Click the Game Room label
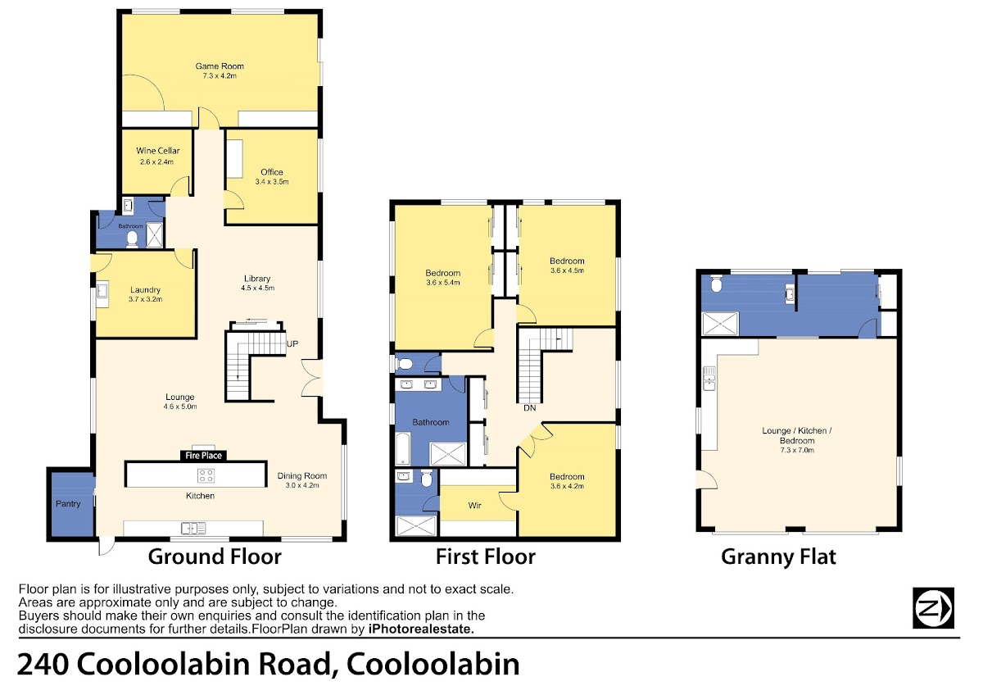[x=220, y=66]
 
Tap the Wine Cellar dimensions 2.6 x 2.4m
[x=156, y=161]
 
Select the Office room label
[x=272, y=171]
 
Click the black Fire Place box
[x=203, y=456]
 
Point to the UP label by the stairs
[x=292, y=343]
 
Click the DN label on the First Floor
[x=530, y=408]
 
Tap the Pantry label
[x=68, y=503]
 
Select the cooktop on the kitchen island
[x=206, y=475]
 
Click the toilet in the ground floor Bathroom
[x=132, y=238]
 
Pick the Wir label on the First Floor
[x=475, y=506]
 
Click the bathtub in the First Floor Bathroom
[x=403, y=448]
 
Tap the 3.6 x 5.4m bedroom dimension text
[x=443, y=283]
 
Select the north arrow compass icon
[x=933, y=608]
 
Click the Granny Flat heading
[x=778, y=556]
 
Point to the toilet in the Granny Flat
[x=716, y=284]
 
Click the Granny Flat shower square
[x=721, y=324]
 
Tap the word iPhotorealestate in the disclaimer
[x=421, y=629]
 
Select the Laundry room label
[x=145, y=290]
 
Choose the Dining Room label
[x=302, y=475]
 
